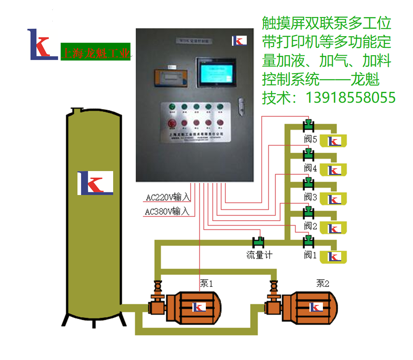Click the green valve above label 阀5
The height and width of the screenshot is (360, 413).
(x=309, y=124)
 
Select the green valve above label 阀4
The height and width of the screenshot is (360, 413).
(x=309, y=153)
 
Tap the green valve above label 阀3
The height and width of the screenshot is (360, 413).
(x=309, y=182)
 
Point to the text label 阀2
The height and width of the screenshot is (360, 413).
(x=310, y=226)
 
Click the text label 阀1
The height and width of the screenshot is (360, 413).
(x=310, y=255)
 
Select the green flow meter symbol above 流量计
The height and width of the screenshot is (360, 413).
(x=259, y=241)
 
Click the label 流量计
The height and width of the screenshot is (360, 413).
(x=259, y=255)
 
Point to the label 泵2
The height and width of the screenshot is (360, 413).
(x=322, y=283)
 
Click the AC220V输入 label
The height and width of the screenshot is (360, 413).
(x=168, y=197)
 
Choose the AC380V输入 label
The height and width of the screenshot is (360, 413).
(x=167, y=212)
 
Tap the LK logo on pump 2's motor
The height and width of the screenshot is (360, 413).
(x=316, y=307)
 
